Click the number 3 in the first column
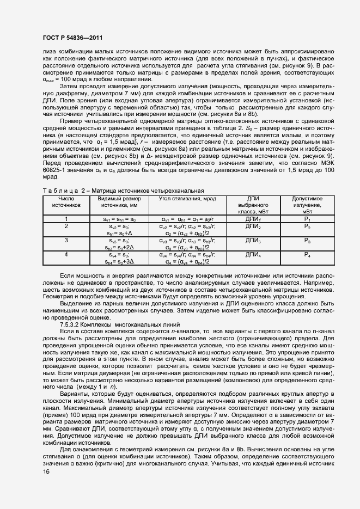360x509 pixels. [x=66, y=240]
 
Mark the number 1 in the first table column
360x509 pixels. [x=66, y=219]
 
